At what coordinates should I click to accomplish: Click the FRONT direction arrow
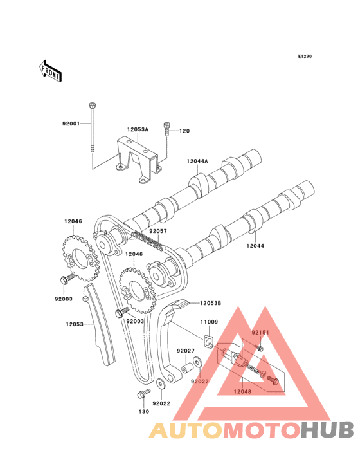click(x=50, y=71)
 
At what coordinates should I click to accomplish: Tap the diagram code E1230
click(x=305, y=56)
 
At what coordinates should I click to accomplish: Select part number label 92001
click(x=71, y=124)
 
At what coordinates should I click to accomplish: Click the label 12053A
click(x=138, y=129)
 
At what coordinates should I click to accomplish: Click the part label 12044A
click(x=197, y=161)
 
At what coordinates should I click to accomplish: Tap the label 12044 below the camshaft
click(x=255, y=246)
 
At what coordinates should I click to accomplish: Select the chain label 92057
click(x=158, y=231)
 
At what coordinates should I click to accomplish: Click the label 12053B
click(x=211, y=304)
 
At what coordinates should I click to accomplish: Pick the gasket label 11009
click(x=210, y=322)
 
